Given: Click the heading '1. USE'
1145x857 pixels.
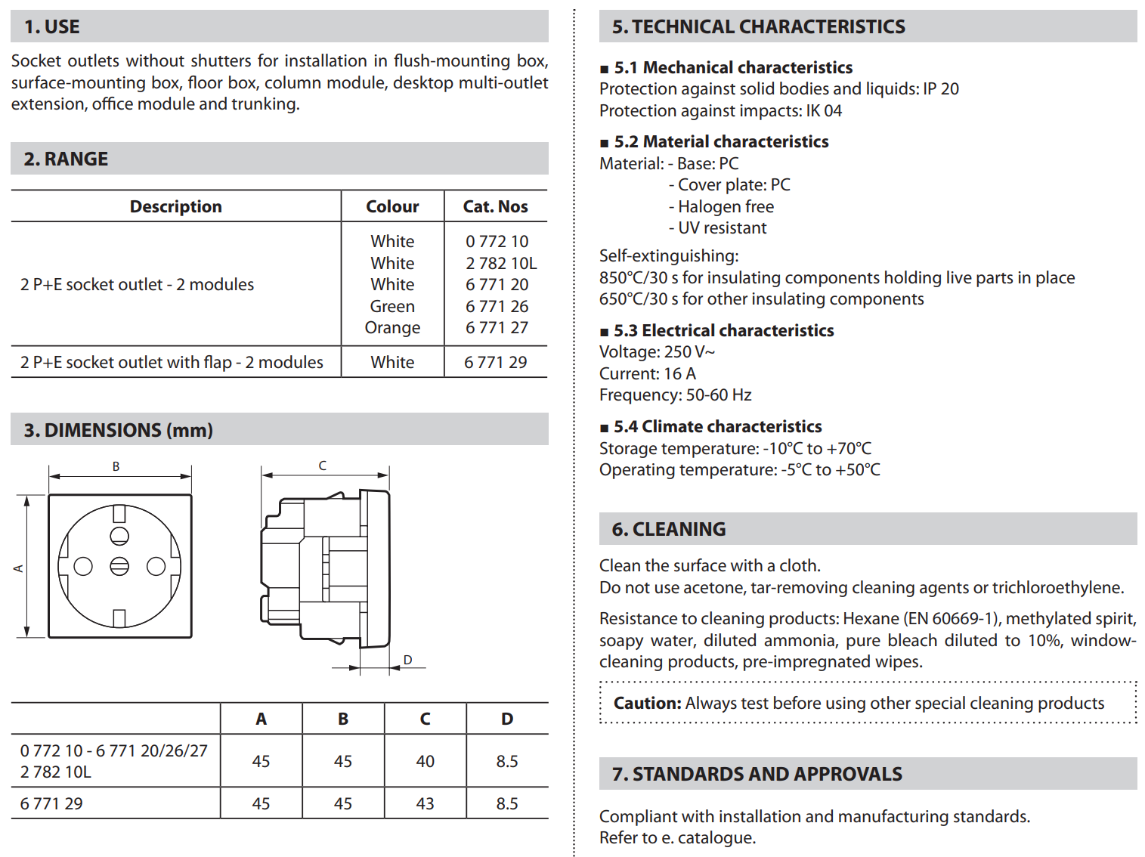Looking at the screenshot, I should coord(51,26).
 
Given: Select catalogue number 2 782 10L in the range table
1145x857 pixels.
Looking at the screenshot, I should coord(501,263).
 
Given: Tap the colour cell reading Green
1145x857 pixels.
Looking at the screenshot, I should coord(392,306).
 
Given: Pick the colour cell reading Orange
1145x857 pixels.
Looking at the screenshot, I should coord(392,327).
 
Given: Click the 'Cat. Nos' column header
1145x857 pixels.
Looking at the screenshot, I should coord(495,206).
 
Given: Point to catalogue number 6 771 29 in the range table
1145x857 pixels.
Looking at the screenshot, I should coord(495,362).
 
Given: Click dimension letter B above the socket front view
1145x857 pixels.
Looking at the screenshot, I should coord(116,466).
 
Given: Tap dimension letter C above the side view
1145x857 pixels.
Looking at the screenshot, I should coord(322,466).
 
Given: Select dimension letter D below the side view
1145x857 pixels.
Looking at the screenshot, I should coord(407,660).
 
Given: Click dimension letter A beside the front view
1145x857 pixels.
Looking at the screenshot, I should coord(18,568).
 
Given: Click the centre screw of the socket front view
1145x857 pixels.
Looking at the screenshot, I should coord(119,566).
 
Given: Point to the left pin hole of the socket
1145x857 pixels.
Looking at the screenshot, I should coord(83,566).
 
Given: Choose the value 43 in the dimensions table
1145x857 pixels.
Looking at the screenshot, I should coord(425,803).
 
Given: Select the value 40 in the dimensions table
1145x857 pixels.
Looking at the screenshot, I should coord(425,761).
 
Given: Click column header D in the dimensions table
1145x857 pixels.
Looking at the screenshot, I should coord(506,719).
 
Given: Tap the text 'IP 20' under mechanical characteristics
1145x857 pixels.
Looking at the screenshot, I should coord(941,88).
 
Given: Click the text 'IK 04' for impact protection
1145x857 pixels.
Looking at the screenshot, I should coord(824,110).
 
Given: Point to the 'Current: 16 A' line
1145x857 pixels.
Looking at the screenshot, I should coord(647,373).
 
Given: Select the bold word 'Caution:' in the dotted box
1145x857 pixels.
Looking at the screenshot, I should coord(647,703).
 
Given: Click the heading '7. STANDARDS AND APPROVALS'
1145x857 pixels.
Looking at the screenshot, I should coord(757,774).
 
